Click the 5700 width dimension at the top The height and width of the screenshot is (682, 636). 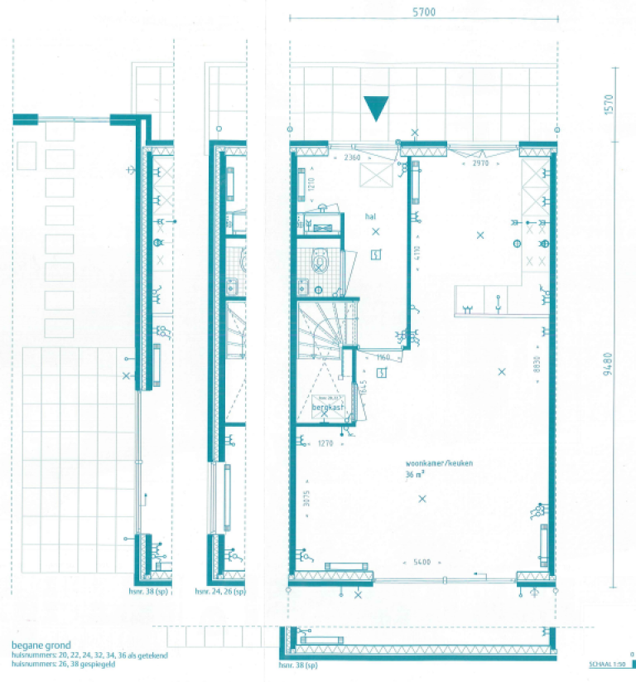click(422, 12)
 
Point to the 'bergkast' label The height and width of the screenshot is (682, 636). click(327, 408)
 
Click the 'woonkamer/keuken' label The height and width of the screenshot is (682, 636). click(439, 464)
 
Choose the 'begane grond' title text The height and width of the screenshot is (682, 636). click(41, 646)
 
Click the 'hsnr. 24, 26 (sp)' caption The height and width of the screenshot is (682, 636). click(219, 593)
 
